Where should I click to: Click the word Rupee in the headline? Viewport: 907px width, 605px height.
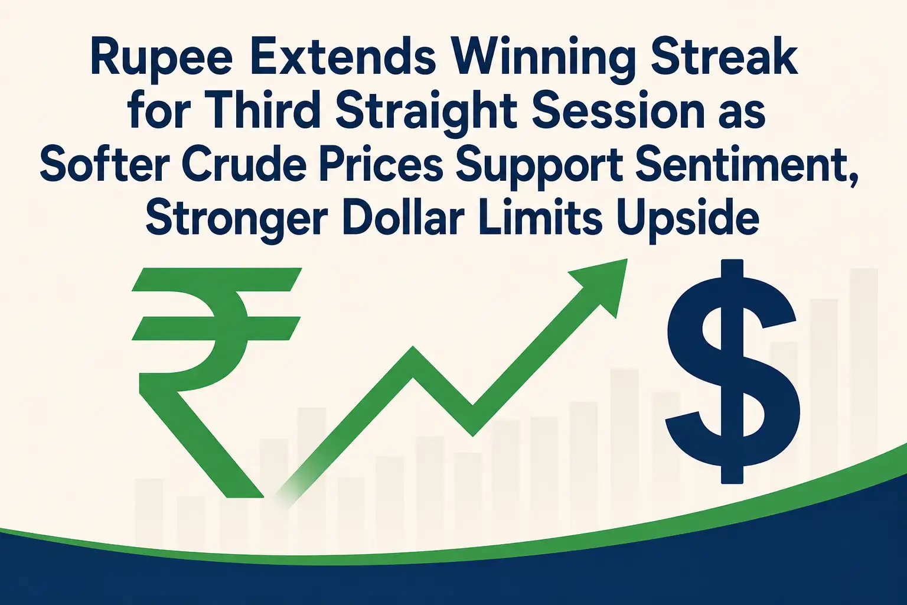162,61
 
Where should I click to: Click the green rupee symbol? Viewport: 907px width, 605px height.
216,382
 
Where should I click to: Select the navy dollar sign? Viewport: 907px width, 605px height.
733,371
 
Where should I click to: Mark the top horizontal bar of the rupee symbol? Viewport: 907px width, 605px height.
217,279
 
